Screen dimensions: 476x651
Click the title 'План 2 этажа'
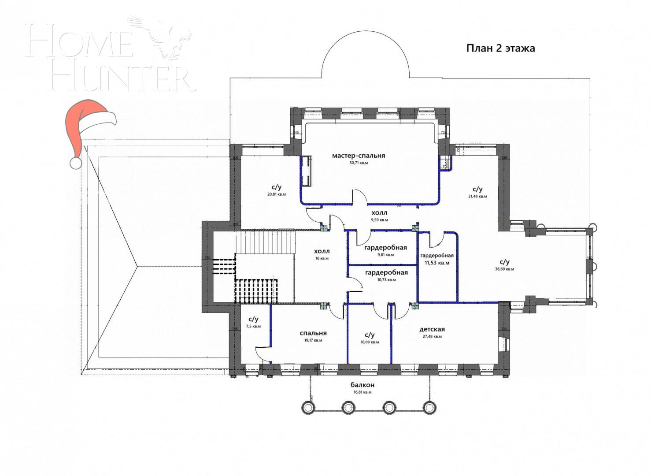500,48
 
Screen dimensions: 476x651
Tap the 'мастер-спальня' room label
359,156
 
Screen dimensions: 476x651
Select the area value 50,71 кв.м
359,163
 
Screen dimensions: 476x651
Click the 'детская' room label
432,329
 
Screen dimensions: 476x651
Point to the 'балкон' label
362,385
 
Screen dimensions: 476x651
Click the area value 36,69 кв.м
504,269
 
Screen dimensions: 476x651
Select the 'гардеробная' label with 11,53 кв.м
436,256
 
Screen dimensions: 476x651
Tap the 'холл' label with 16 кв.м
322,251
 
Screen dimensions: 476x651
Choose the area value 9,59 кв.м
379,219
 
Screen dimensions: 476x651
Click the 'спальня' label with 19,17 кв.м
313,333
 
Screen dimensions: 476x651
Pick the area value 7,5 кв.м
253,327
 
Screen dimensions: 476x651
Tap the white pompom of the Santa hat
76,162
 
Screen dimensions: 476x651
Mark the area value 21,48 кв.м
477,197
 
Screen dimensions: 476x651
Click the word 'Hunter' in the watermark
121,79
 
